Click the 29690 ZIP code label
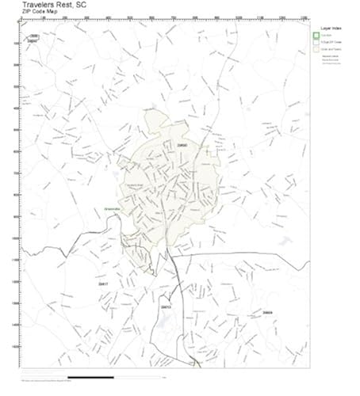(x=182, y=146)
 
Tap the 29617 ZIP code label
(x=101, y=283)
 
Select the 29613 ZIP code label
(x=166, y=307)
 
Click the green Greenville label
(x=113, y=209)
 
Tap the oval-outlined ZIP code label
(x=33, y=38)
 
